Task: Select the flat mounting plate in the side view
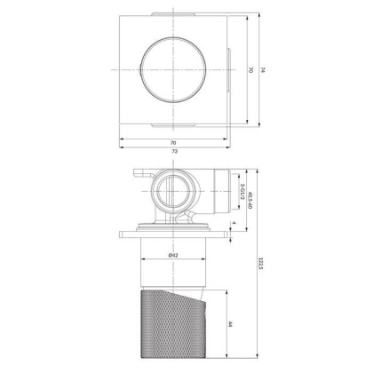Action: point(174,234)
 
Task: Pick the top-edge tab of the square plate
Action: point(174,14)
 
